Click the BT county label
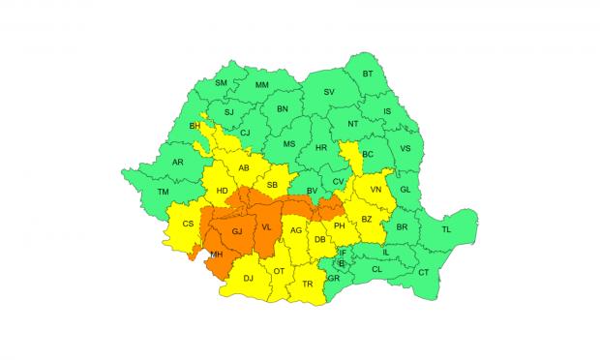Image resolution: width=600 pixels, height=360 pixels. point(368,75)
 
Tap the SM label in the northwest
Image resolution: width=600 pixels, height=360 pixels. point(220,84)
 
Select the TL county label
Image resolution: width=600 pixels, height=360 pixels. point(446,229)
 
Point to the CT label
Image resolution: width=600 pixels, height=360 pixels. point(423,273)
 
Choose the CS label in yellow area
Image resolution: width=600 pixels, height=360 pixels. point(189,224)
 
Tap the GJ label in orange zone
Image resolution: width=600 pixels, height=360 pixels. point(236,232)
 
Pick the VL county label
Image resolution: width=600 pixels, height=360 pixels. point(266,226)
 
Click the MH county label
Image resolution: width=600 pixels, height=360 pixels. point(217,255)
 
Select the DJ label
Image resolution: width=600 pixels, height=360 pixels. point(248,279)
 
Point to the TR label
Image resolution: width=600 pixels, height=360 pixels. point(308,285)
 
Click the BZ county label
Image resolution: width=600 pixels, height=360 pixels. point(367,220)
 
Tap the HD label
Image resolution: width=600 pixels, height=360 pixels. point(222,191)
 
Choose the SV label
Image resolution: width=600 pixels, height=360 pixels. point(329,92)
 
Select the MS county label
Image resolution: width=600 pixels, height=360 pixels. point(288,144)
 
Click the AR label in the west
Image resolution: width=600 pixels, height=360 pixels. point(178,162)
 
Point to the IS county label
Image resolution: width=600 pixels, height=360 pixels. point(388,111)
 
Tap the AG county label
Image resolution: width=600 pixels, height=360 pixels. point(297,231)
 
